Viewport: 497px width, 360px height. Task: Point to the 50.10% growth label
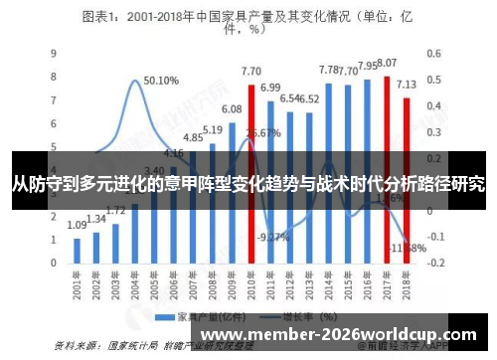pos(161,81)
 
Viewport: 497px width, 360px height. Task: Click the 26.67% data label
pos(261,132)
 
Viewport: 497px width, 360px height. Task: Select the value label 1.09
pos(78,226)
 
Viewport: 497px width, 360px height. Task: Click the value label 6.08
pos(232,108)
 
